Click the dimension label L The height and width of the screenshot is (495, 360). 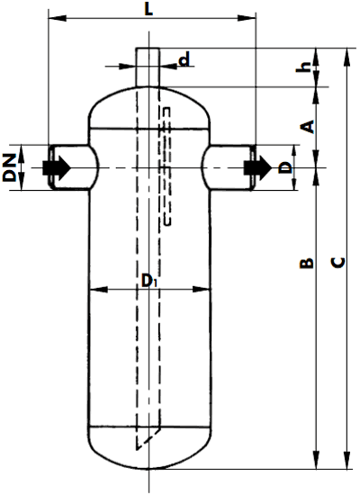tap(148, 9)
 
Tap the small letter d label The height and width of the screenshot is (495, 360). tap(184, 59)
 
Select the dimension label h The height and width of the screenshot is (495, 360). tap(304, 67)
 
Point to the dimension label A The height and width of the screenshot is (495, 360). tap(307, 127)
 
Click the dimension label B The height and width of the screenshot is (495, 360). tap(307, 263)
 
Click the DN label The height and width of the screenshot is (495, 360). tap(10, 167)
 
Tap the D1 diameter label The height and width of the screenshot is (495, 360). tap(148, 281)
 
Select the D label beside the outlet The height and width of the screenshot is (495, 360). tap(285, 167)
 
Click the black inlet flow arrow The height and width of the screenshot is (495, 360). tap(57, 167)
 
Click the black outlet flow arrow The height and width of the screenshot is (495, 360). tap(257, 167)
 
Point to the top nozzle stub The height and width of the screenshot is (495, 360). tap(148, 67)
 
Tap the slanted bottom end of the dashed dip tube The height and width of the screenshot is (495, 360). tap(148, 439)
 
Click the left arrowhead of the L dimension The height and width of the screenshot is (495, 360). tap(58, 18)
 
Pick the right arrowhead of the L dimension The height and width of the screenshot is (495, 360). tap(247, 18)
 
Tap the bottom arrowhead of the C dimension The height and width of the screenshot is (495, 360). tap(346, 460)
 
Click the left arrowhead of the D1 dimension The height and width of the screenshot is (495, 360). tap(98, 289)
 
